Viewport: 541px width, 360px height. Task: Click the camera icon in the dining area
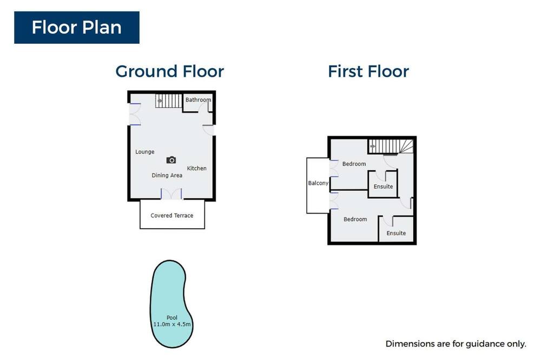[171, 160]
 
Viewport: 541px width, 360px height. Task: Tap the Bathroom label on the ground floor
[198, 99]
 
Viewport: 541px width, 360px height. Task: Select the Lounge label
[144, 152]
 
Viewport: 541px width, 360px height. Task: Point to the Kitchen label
[197, 168]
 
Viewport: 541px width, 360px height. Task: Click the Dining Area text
[167, 175]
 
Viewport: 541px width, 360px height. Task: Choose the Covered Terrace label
[172, 216]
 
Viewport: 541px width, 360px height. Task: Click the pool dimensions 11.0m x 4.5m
[172, 324]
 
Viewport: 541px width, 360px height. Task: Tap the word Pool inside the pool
[172, 318]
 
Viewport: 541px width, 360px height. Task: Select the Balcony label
[318, 183]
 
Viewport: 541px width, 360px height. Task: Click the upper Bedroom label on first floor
[354, 164]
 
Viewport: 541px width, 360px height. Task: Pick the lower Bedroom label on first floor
[355, 219]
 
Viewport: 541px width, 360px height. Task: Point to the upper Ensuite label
[383, 186]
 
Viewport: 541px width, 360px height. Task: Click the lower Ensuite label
[396, 233]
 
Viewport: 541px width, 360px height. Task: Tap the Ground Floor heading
[170, 71]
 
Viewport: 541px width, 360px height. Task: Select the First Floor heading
[368, 71]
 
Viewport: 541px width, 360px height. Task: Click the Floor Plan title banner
[77, 28]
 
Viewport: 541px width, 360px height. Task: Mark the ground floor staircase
[168, 101]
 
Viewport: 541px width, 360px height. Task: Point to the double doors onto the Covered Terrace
[171, 194]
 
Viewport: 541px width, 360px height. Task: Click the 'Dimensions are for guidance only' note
[456, 344]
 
